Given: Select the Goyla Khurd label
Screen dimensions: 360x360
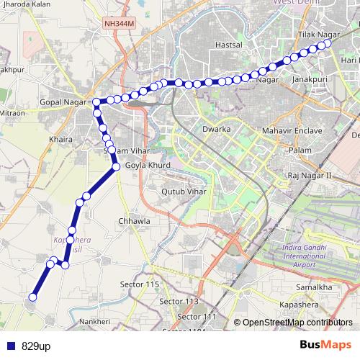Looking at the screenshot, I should point(148,166).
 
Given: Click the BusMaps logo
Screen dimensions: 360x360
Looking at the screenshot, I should point(327,345).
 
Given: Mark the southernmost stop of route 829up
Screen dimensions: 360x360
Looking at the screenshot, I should point(32,297).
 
